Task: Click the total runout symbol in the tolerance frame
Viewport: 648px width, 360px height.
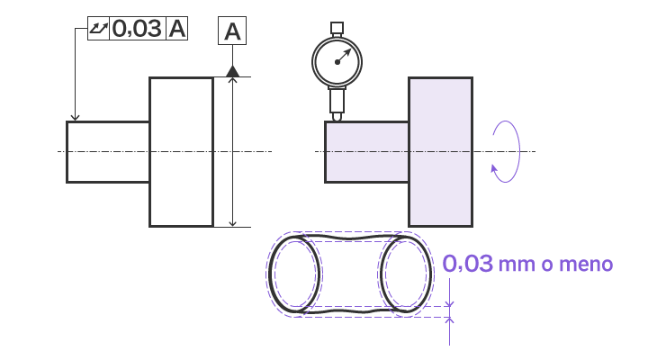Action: (x=98, y=29)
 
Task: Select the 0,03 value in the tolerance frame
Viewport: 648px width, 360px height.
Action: (x=137, y=29)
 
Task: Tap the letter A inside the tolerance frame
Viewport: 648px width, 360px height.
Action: (x=177, y=29)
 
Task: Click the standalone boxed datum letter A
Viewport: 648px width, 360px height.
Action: (x=232, y=31)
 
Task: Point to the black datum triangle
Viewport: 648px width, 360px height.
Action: (x=233, y=71)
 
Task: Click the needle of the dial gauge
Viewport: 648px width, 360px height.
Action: (x=344, y=56)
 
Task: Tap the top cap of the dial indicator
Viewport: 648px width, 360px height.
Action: (x=337, y=28)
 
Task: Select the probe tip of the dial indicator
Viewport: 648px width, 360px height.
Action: (x=337, y=117)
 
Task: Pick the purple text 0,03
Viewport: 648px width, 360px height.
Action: (x=467, y=264)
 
